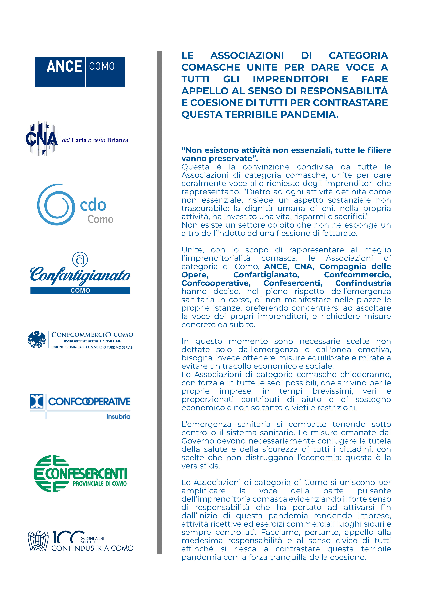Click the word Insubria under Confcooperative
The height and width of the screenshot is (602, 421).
tap(118, 416)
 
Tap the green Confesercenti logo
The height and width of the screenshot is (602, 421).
tap(80, 474)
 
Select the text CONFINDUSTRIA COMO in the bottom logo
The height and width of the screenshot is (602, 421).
tap(92, 548)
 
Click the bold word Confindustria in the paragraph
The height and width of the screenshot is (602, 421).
tap(363, 283)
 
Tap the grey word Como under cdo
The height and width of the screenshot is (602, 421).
tap(100, 219)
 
